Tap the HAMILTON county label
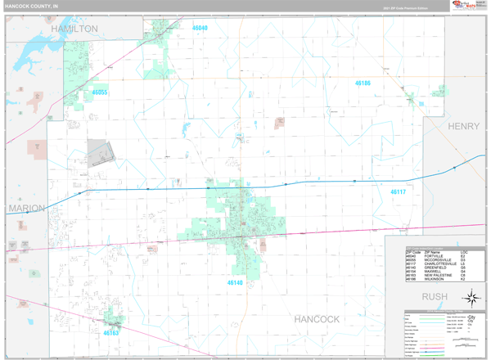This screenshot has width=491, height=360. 74,29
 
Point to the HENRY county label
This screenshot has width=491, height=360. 463,127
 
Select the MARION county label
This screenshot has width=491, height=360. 26,209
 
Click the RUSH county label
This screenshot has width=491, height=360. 435,296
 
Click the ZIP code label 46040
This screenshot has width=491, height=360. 200,28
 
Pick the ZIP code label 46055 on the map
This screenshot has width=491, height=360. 99,92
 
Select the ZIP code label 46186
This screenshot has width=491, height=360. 363,83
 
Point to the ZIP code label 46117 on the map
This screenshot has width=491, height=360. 398,192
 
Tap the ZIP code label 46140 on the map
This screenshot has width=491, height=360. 235,282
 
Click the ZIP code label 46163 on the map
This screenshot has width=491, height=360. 111,333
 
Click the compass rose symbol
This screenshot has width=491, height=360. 472,297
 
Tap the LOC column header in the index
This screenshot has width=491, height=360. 463,251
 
